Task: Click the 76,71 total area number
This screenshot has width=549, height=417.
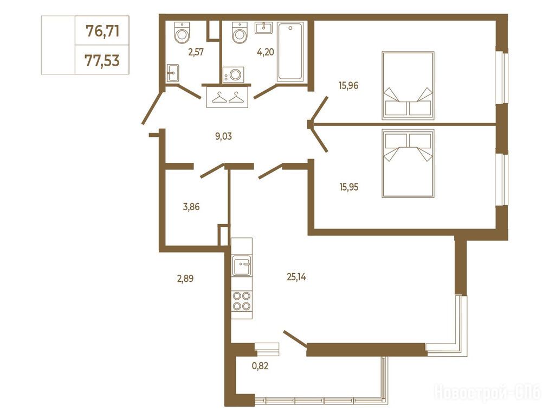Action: [102, 31]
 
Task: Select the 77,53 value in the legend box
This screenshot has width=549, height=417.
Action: [102, 61]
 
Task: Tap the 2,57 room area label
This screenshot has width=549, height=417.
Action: [196, 53]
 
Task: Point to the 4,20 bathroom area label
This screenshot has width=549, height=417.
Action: [265, 52]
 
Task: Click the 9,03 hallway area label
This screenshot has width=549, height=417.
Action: [223, 136]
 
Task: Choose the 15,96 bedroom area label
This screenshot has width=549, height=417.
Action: [348, 85]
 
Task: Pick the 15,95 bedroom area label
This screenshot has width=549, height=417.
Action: [348, 187]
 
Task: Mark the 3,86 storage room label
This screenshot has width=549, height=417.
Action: [191, 207]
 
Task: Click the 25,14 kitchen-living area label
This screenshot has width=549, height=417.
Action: [296, 277]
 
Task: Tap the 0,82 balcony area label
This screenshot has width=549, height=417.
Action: [260, 366]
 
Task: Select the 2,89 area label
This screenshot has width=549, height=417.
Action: [185, 279]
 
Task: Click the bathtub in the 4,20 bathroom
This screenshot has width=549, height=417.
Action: [290, 52]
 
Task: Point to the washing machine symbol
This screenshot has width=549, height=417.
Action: [234, 75]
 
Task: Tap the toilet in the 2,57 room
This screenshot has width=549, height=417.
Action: [182, 32]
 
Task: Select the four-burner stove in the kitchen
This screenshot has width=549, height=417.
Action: [242, 301]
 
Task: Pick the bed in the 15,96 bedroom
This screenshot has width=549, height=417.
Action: [408, 86]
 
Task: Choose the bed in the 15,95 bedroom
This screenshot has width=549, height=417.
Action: [408, 163]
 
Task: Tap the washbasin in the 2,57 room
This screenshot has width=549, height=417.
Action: [172, 73]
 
